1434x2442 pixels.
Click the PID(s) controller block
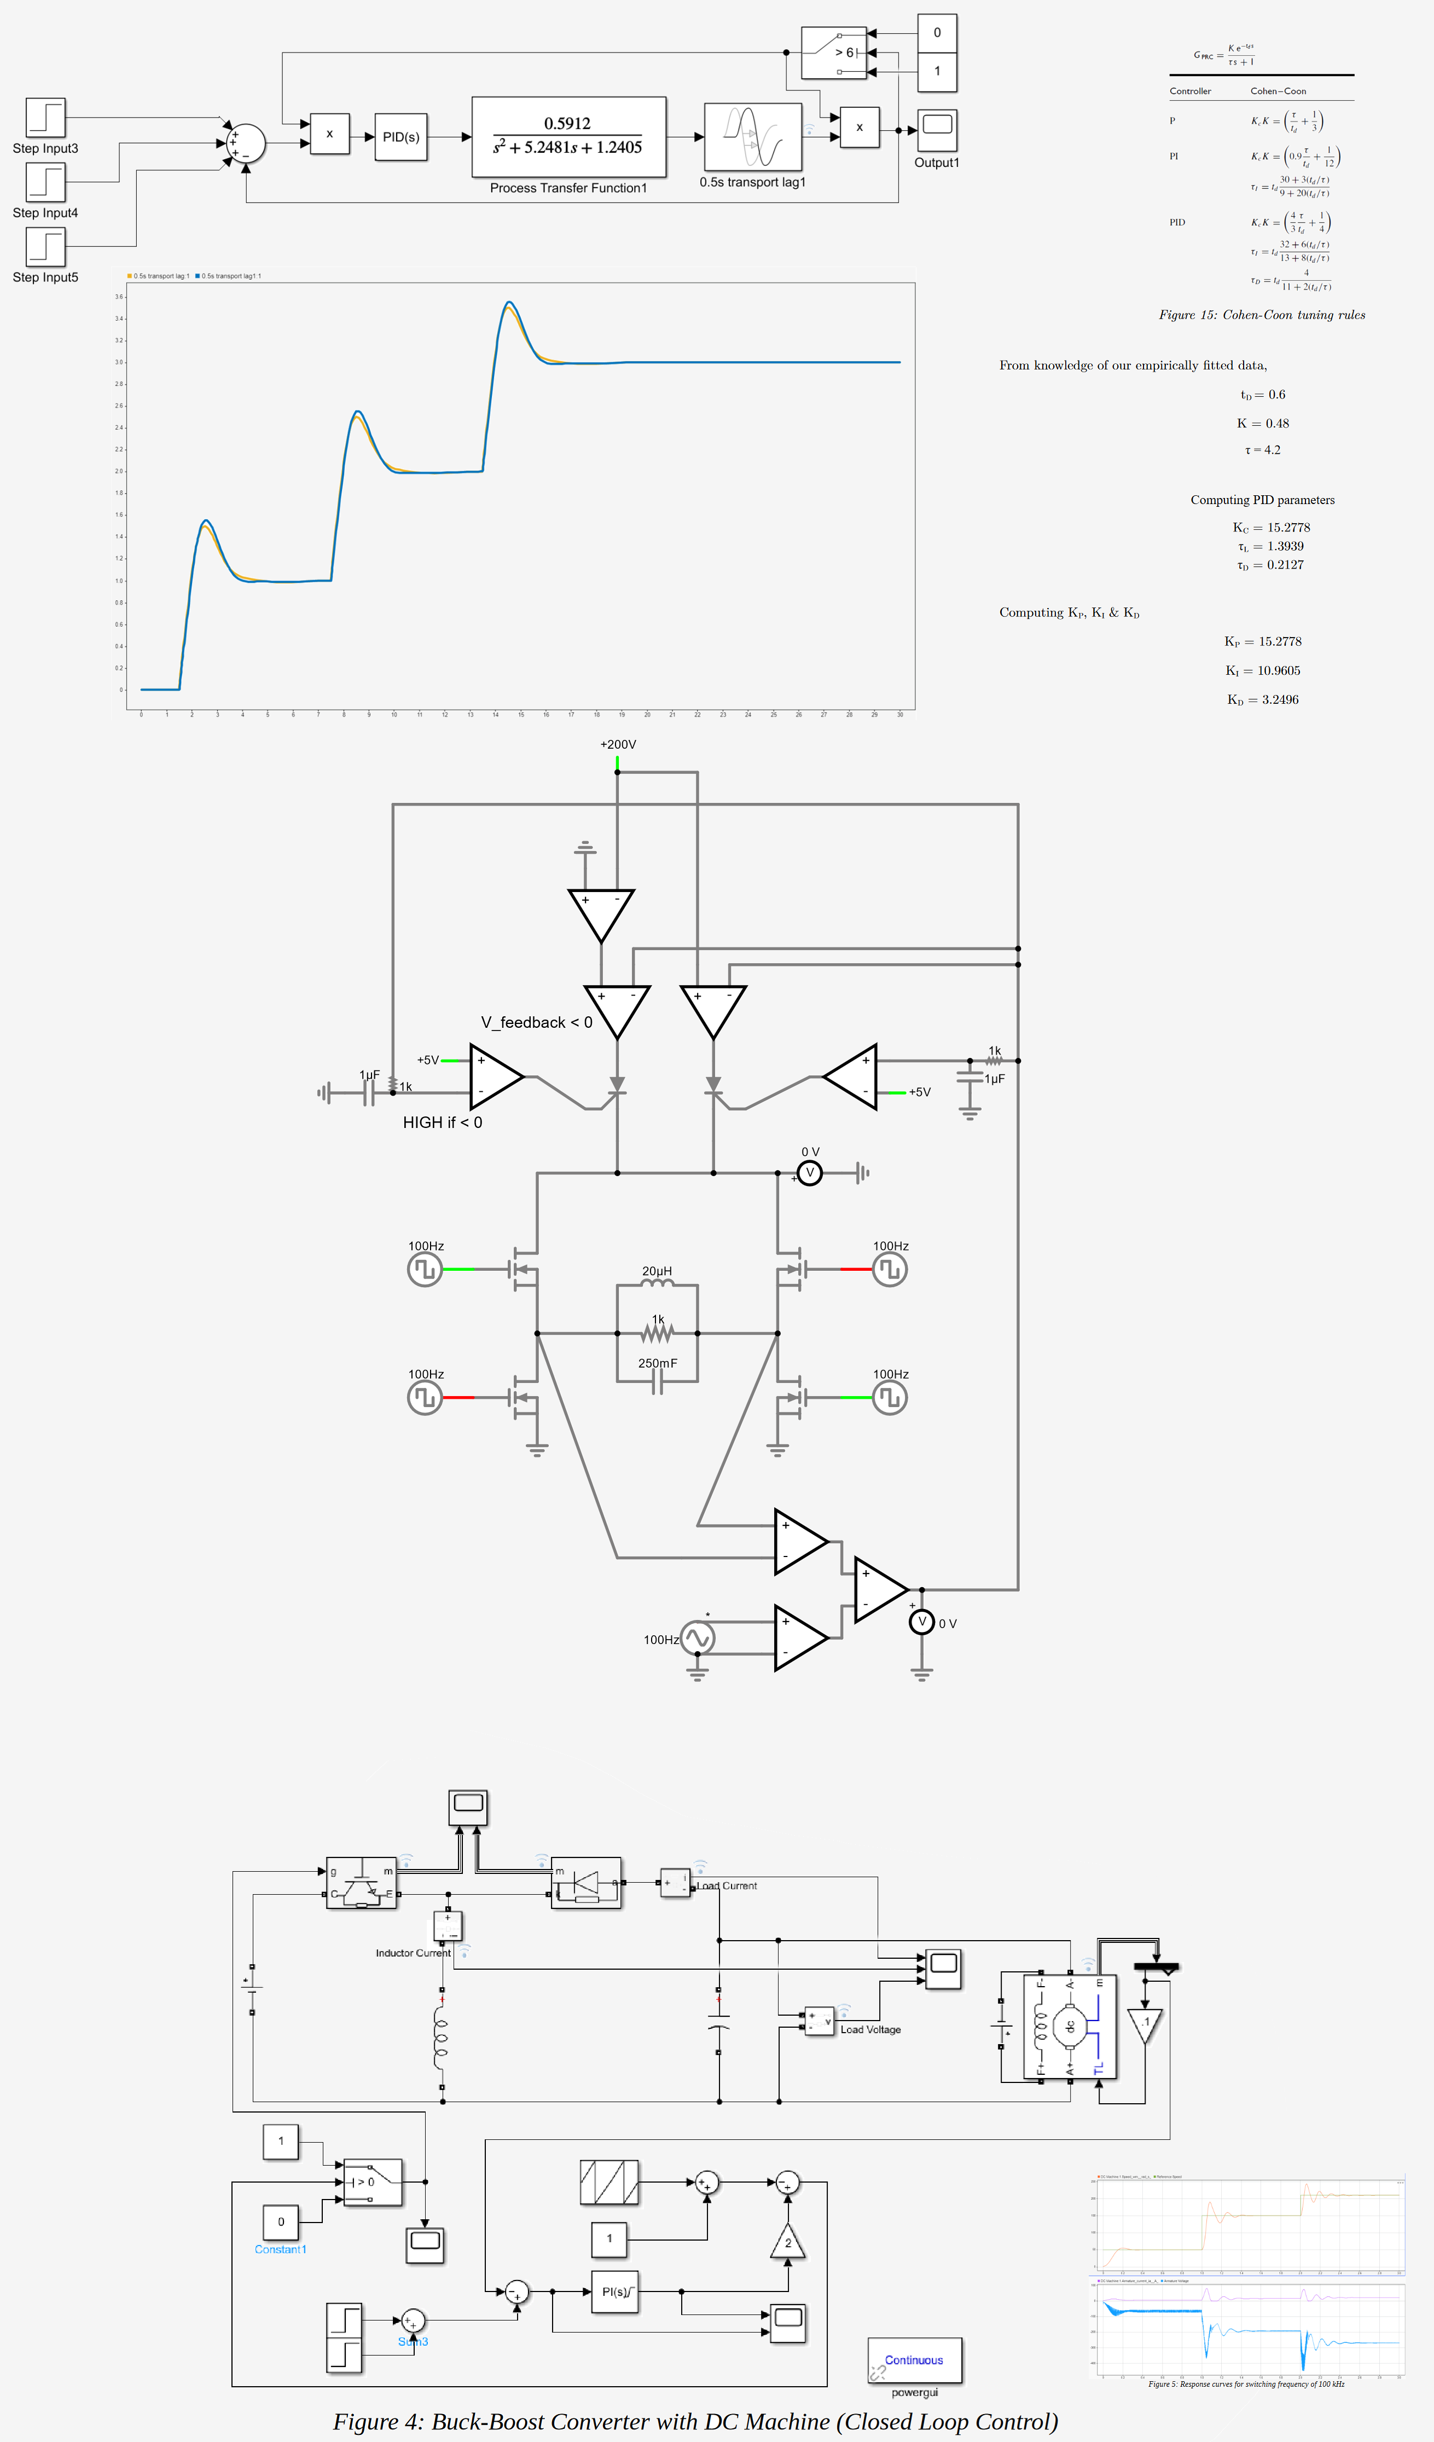(x=400, y=137)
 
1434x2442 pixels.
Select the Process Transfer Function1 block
(x=569, y=137)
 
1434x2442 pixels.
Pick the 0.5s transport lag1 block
(x=753, y=137)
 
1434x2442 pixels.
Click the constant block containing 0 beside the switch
(x=937, y=33)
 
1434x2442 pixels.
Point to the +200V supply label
(x=618, y=744)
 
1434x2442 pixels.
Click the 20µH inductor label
(x=657, y=1270)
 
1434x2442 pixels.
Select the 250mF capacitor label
(x=657, y=1363)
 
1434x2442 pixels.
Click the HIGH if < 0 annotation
(x=442, y=1122)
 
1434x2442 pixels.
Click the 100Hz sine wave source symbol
(x=696, y=1637)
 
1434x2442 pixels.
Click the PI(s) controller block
(x=614, y=2292)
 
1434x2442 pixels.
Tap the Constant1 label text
(x=280, y=2249)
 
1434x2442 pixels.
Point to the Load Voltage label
(x=870, y=2029)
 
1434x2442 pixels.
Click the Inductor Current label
(x=413, y=1953)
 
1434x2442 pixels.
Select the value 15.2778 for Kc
(x=1288, y=527)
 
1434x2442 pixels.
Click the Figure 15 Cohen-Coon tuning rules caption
(x=1262, y=315)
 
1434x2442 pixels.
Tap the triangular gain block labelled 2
(x=788, y=2242)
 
